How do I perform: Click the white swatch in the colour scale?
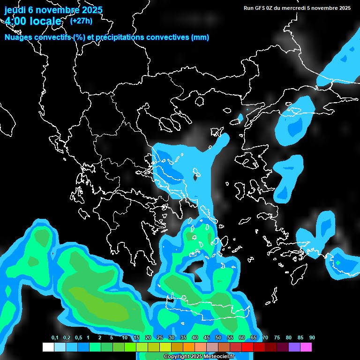click(48, 347)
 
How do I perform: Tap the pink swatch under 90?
click(306, 347)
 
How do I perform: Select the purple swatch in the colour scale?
click(294, 347)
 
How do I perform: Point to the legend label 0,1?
click(55, 338)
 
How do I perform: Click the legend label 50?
click(218, 338)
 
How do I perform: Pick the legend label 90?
click(312, 338)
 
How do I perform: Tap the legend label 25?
click(160, 338)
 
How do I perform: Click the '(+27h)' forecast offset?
click(81, 21)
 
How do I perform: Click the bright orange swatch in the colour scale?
click(189, 347)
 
